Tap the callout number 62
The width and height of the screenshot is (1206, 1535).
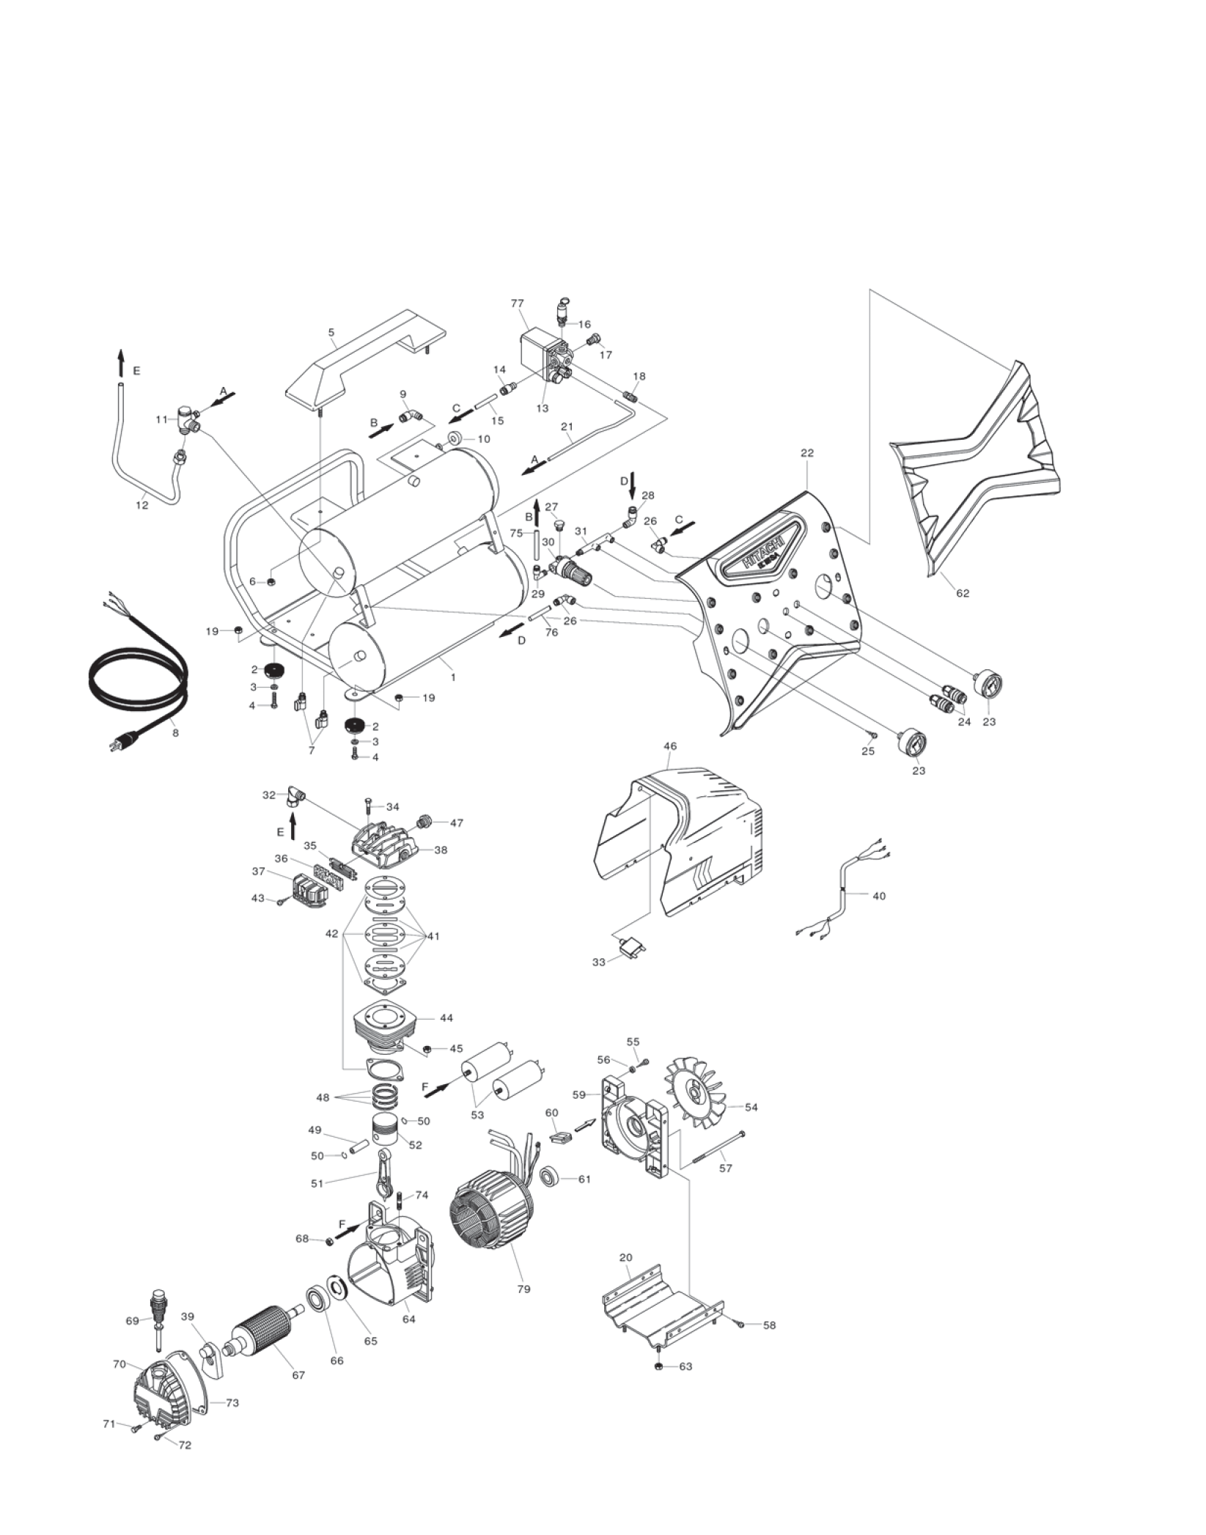pos(962,593)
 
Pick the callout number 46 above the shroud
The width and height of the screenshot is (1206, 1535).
pos(669,747)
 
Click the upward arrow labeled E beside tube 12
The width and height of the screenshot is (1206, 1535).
pos(121,363)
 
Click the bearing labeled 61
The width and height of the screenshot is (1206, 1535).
pos(551,1179)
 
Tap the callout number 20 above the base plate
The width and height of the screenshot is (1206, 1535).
pos(625,1257)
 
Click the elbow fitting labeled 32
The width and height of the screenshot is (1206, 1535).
pos(297,795)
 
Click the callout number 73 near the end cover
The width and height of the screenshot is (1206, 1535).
pos(232,1403)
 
